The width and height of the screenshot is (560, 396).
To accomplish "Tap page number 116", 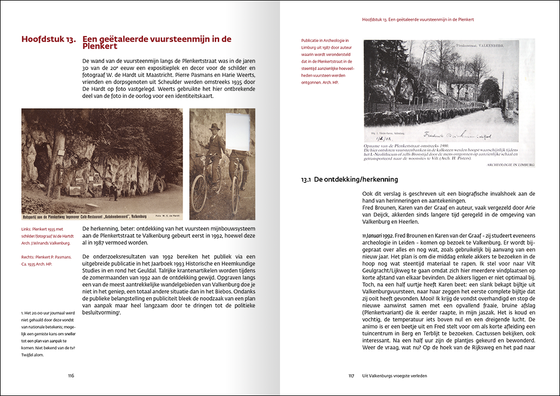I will click(71, 376).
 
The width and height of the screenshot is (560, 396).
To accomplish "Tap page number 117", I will click(352, 376).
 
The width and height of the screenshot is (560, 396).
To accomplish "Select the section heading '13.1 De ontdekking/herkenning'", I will click(349, 179).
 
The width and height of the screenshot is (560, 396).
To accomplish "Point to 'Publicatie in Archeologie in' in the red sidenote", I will click(325, 41).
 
